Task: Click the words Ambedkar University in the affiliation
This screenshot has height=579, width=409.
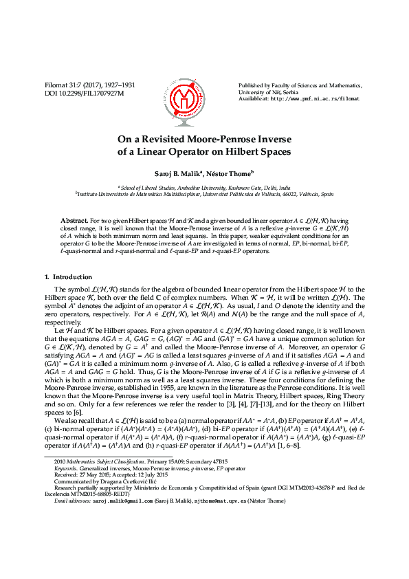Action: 188,186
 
